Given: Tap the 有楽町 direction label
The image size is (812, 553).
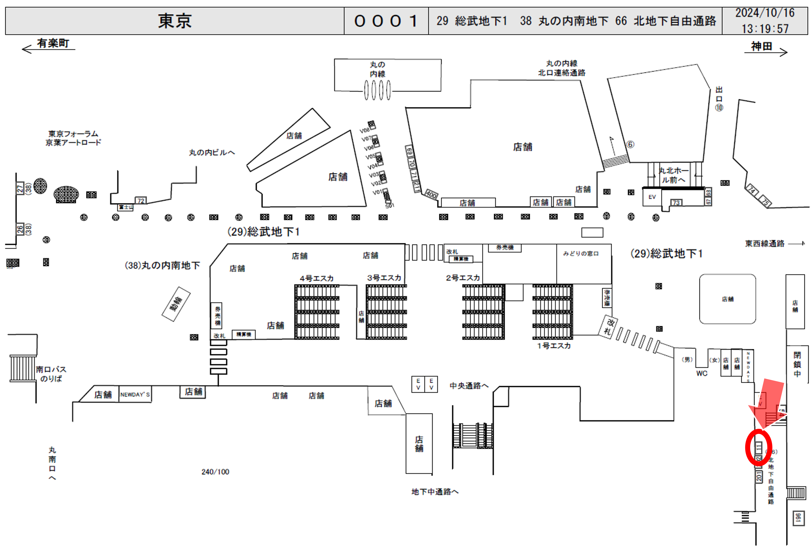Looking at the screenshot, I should coord(53,43).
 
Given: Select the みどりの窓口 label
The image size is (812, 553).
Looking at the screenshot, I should coord(581,253).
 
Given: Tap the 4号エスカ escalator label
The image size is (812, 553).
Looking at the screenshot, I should coord(316,278).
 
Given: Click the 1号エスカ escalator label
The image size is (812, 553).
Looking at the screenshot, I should coord(554,346).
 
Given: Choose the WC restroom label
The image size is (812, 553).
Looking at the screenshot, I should coord(702,373).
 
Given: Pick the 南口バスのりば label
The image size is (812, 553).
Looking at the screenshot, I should coord(51,374).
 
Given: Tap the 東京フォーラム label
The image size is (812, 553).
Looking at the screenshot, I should coord(73,134).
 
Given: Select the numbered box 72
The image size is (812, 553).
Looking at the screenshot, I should coord(141,201).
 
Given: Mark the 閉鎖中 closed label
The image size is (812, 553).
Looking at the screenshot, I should coord(797,364).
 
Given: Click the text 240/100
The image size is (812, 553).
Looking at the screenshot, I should coord(215,472).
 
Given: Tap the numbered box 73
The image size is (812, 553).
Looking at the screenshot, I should coord(676,203).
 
